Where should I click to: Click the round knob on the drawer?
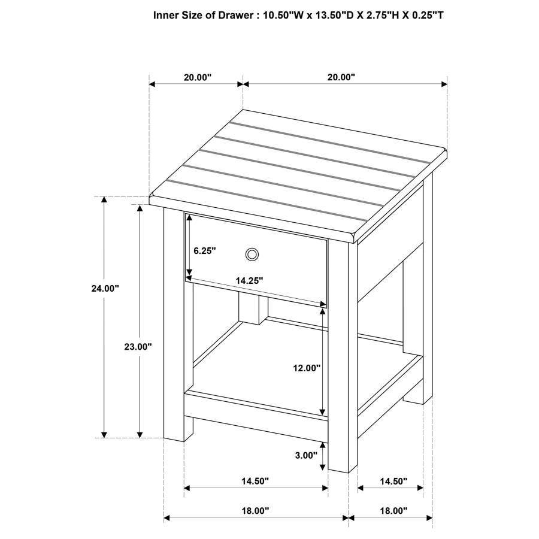tap(252, 255)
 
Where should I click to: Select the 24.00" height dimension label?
tap(105, 288)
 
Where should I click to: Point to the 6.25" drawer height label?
tap(204, 252)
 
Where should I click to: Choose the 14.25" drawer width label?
tap(249, 280)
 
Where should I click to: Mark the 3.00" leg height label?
tap(306, 455)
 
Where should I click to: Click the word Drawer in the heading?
tap(230, 15)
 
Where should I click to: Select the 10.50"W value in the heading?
tap(278, 15)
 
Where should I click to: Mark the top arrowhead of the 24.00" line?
tap(105, 200)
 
